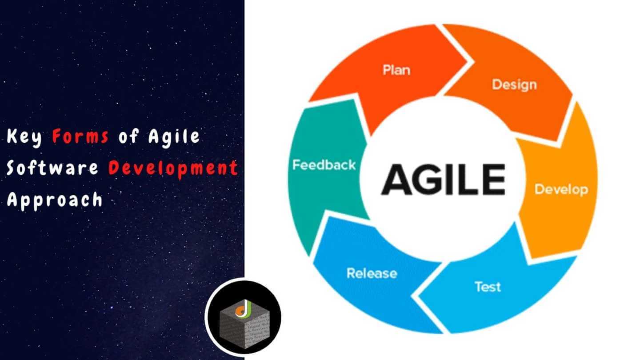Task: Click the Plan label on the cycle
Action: coord(396,70)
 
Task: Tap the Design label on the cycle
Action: coord(514,84)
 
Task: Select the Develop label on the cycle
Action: coord(561,189)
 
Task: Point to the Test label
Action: coord(488,287)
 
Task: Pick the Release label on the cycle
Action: coord(372,273)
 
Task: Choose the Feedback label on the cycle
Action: coord(324,165)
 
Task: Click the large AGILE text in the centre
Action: coord(443,180)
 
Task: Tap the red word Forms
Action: coord(80,137)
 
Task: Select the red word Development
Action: coord(173,168)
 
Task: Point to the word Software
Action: coord(52,168)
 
